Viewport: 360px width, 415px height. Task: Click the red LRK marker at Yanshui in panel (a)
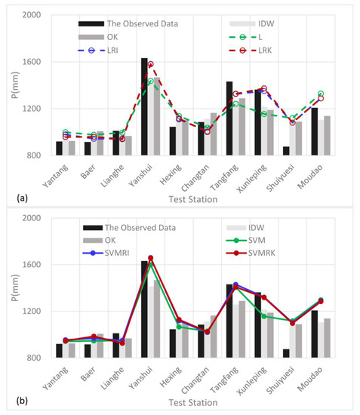pyautogui.click(x=150, y=65)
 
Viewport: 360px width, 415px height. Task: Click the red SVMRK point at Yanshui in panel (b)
pyautogui.click(x=150, y=258)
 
